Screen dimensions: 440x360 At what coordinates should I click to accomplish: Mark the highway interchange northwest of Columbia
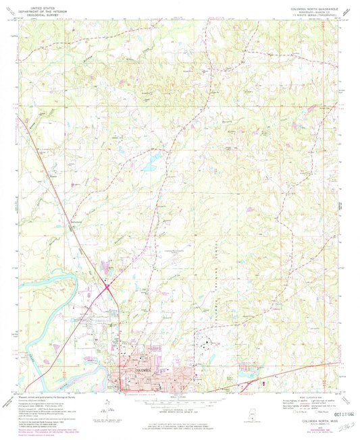coord(108,288)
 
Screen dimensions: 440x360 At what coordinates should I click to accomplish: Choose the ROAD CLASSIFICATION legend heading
coord(297,398)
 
